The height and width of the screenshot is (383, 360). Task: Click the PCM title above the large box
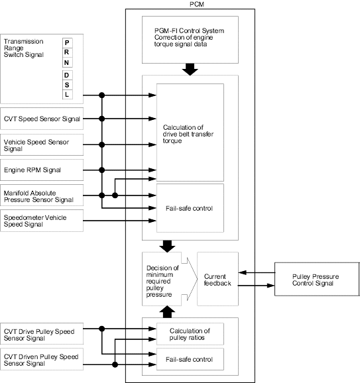point(197,4)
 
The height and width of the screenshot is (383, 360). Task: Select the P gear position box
point(67,43)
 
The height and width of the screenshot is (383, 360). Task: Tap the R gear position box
point(67,52)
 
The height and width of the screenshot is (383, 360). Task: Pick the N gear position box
point(67,62)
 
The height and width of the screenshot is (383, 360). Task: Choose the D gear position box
point(67,75)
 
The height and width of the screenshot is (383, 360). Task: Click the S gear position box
point(67,85)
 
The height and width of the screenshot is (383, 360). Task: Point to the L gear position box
point(67,95)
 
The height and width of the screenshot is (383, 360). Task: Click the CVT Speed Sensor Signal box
point(42,119)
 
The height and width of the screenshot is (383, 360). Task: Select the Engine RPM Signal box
point(42,170)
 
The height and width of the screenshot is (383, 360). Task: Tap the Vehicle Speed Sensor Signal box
point(42,145)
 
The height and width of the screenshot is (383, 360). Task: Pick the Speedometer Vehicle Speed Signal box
point(42,221)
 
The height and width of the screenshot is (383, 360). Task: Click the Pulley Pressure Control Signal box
point(317,279)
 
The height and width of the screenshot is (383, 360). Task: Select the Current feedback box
point(217,279)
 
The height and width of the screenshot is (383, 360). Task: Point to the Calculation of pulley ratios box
point(190,334)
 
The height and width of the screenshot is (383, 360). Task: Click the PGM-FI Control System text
point(189,30)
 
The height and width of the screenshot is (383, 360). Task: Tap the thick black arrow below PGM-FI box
point(190,70)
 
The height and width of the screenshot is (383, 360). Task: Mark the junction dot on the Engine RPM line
point(102,170)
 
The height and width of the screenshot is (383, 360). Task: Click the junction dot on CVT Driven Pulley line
point(115,364)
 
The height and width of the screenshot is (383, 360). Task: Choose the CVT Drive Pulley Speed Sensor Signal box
point(42,334)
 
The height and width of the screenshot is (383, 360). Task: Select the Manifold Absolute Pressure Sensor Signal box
point(42,195)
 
